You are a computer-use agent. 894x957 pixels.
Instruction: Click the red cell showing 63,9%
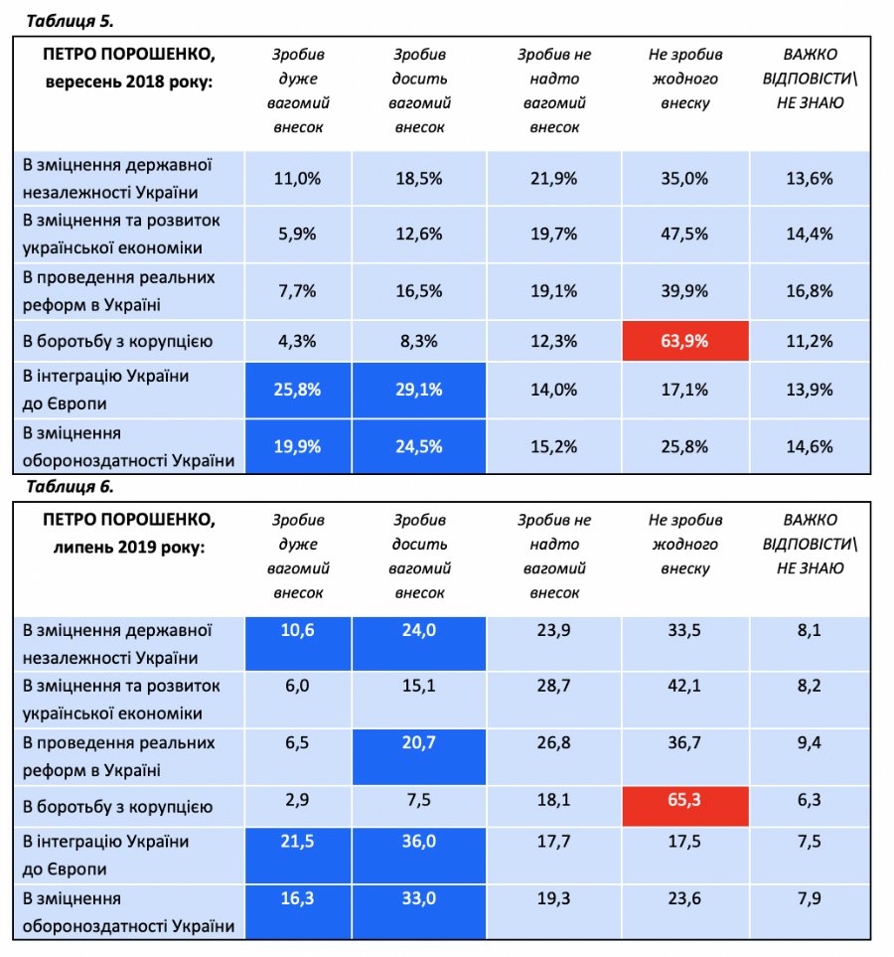coord(684,342)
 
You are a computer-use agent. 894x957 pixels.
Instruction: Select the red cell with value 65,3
coord(684,798)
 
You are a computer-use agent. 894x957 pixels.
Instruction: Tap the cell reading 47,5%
coord(684,235)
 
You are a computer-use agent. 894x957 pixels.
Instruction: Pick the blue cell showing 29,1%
coord(419,391)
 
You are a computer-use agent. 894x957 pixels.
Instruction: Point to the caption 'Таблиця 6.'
coord(70,487)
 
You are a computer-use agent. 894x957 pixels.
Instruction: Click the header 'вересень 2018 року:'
coord(129,80)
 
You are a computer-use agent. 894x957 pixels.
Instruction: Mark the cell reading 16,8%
coord(811,291)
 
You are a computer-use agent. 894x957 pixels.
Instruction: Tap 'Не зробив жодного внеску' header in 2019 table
coord(684,545)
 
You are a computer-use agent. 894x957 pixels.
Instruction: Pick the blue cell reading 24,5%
coord(419,446)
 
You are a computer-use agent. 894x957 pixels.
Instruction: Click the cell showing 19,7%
coord(553,235)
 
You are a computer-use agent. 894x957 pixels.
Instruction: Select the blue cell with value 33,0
coord(419,910)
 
